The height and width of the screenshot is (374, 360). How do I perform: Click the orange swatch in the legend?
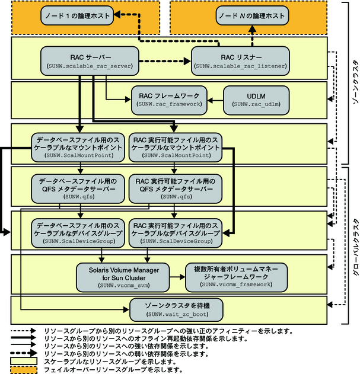(x=23, y=369)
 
